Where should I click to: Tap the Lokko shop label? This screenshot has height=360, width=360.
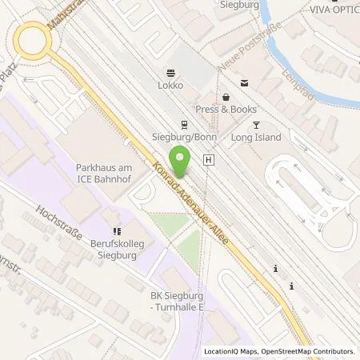(x=171, y=84)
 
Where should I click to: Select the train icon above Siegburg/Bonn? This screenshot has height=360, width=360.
(x=184, y=124)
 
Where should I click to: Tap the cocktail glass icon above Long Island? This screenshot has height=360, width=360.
(x=256, y=124)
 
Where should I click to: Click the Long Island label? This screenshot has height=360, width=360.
(x=256, y=137)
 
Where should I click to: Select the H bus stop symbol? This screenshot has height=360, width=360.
(x=209, y=160)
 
